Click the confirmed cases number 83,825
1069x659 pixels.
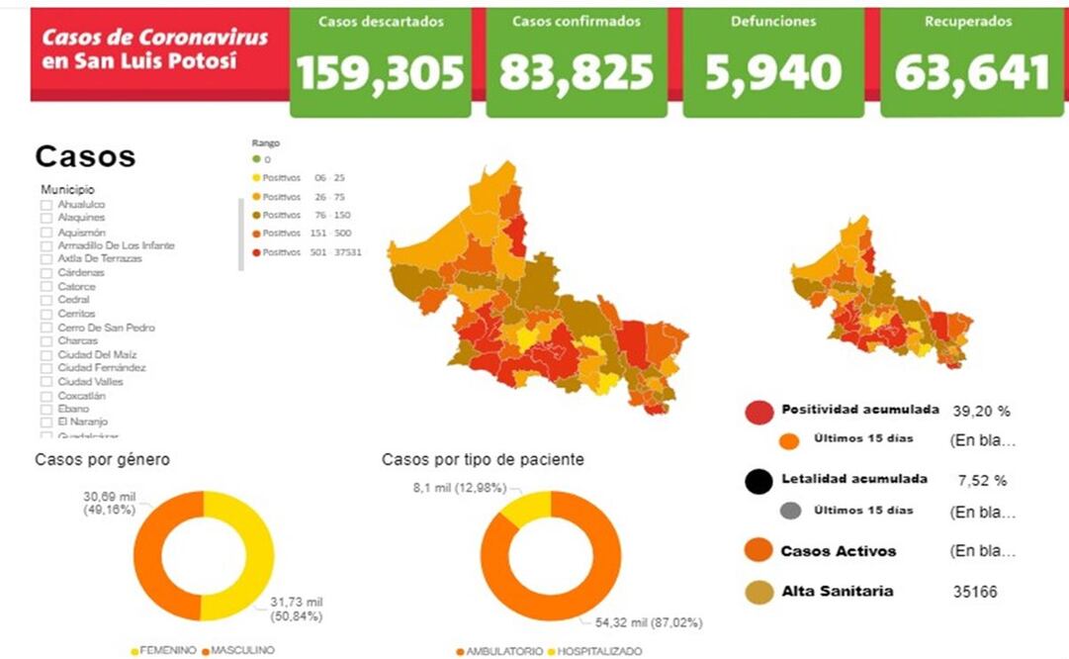click(x=577, y=72)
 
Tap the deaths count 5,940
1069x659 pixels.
click(x=774, y=72)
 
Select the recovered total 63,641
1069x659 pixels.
click(x=971, y=72)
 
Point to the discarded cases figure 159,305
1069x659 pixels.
click(x=381, y=72)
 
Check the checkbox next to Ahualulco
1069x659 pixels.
click(x=46, y=204)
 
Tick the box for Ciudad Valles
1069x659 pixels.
click(x=46, y=382)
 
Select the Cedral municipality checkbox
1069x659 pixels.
click(x=46, y=300)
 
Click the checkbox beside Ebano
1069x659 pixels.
click(x=46, y=409)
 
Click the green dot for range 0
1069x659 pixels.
click(x=255, y=158)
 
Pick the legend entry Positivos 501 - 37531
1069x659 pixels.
click(x=307, y=252)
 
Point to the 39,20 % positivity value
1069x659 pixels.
click(x=981, y=411)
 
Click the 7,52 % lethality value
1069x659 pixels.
click(x=982, y=481)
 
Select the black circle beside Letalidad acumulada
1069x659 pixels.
click(x=758, y=481)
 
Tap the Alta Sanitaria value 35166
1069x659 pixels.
click(x=975, y=593)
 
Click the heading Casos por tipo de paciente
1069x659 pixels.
click(x=483, y=459)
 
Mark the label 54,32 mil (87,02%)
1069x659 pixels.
click(x=649, y=622)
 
